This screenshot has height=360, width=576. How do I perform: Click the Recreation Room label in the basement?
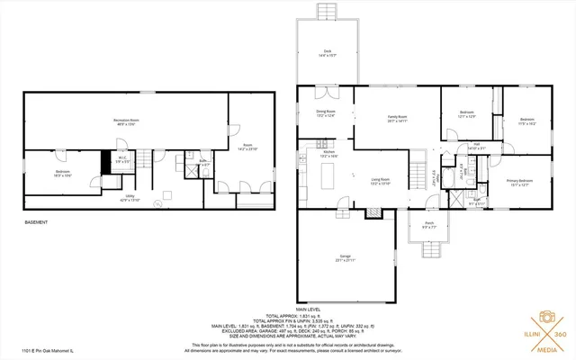coord(125,121)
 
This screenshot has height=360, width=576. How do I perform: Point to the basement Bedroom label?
coord(62,173)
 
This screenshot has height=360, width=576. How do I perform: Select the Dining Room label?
coord(325,114)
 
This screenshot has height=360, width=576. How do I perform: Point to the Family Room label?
coord(397,118)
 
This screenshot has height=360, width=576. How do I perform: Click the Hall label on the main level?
coord(476,146)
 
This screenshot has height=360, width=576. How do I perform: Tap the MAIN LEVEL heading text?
coord(309,308)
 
